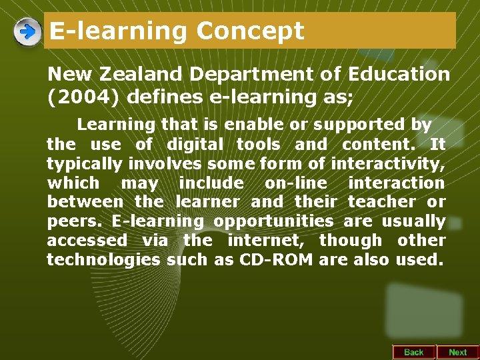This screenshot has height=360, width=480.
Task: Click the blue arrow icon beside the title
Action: coord(27,31)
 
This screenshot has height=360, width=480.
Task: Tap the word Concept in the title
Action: coord(251,31)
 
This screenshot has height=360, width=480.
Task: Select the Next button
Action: coord(457,352)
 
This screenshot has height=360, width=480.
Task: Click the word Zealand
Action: coord(138,74)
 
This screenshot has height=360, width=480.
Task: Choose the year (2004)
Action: coord(83,97)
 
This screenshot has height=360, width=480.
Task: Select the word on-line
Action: coord(296,183)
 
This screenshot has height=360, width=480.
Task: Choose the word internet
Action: coord(265,240)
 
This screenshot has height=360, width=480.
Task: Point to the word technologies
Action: coord(103,259)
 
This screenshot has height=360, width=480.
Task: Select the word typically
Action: coord(84,163)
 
